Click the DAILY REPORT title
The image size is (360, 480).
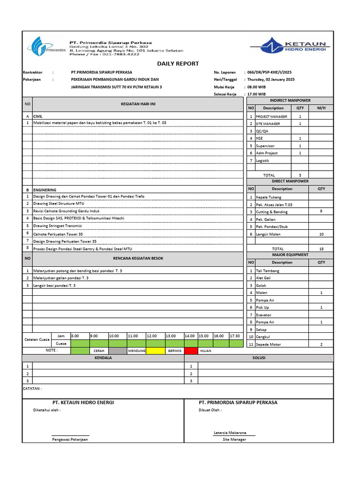pos(178,64)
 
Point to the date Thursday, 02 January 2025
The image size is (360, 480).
pos(270,80)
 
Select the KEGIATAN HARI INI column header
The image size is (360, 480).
pos(138,104)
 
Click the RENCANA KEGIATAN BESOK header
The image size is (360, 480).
pos(138,258)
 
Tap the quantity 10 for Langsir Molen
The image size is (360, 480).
pos(321,234)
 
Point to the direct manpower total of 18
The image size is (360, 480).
pos(321,249)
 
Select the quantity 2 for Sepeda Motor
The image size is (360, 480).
pos(321,345)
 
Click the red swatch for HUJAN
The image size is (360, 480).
pos(191,351)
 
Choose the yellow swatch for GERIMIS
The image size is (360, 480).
pos(155,351)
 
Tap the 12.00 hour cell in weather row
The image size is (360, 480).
pos(152,336)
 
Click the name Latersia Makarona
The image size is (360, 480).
pos(230,433)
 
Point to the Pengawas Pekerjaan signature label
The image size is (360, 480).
pos(70,440)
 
